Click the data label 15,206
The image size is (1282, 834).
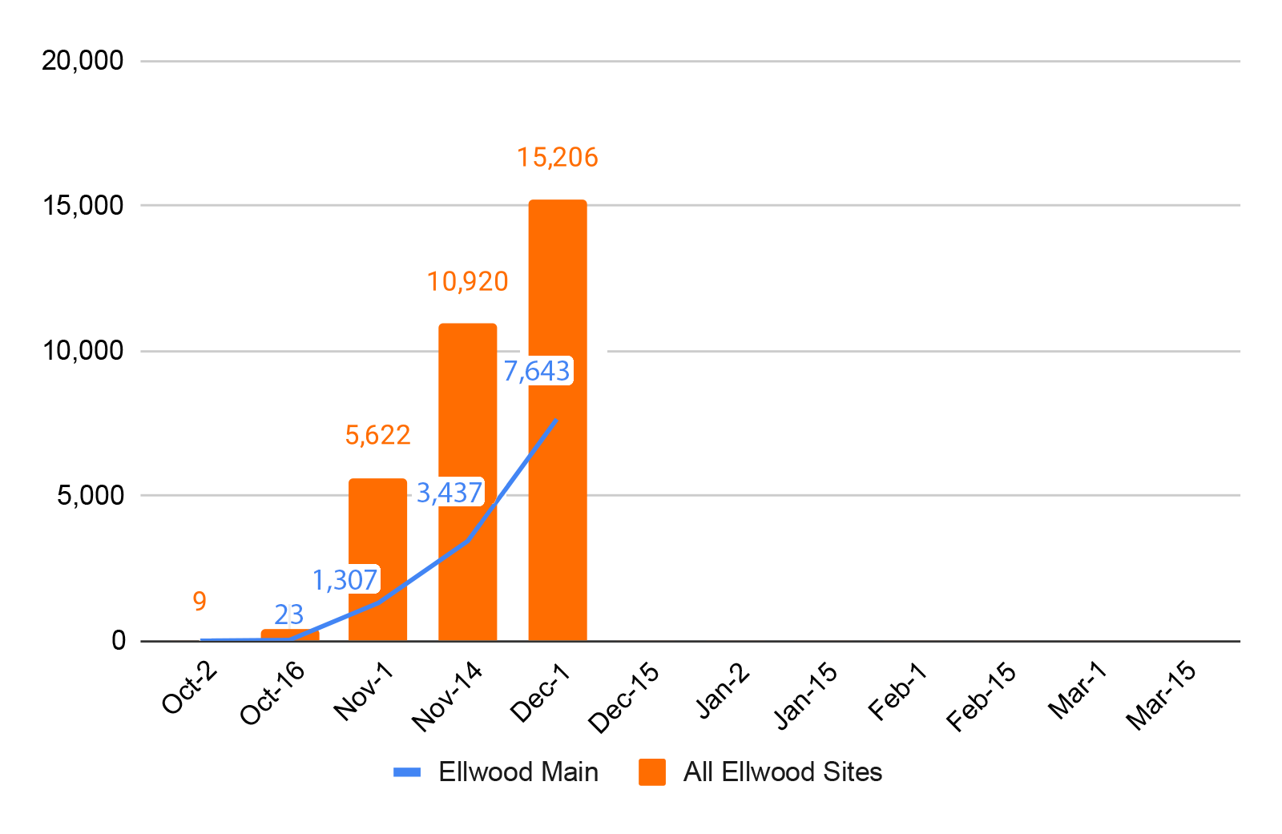point(558,157)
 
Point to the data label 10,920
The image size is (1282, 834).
point(467,281)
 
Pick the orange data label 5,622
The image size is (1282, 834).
point(377,435)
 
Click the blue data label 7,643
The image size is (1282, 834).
point(537,371)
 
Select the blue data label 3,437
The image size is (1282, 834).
point(450,493)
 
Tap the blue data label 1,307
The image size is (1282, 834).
point(345,580)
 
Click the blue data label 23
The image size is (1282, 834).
point(289,614)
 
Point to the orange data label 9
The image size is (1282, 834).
point(200,601)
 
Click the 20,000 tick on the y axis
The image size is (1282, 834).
point(83,60)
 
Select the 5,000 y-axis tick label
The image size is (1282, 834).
point(91,495)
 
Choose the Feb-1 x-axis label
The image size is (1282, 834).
point(897,691)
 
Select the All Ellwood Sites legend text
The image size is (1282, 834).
point(782,772)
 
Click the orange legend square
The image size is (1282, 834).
point(652,772)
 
